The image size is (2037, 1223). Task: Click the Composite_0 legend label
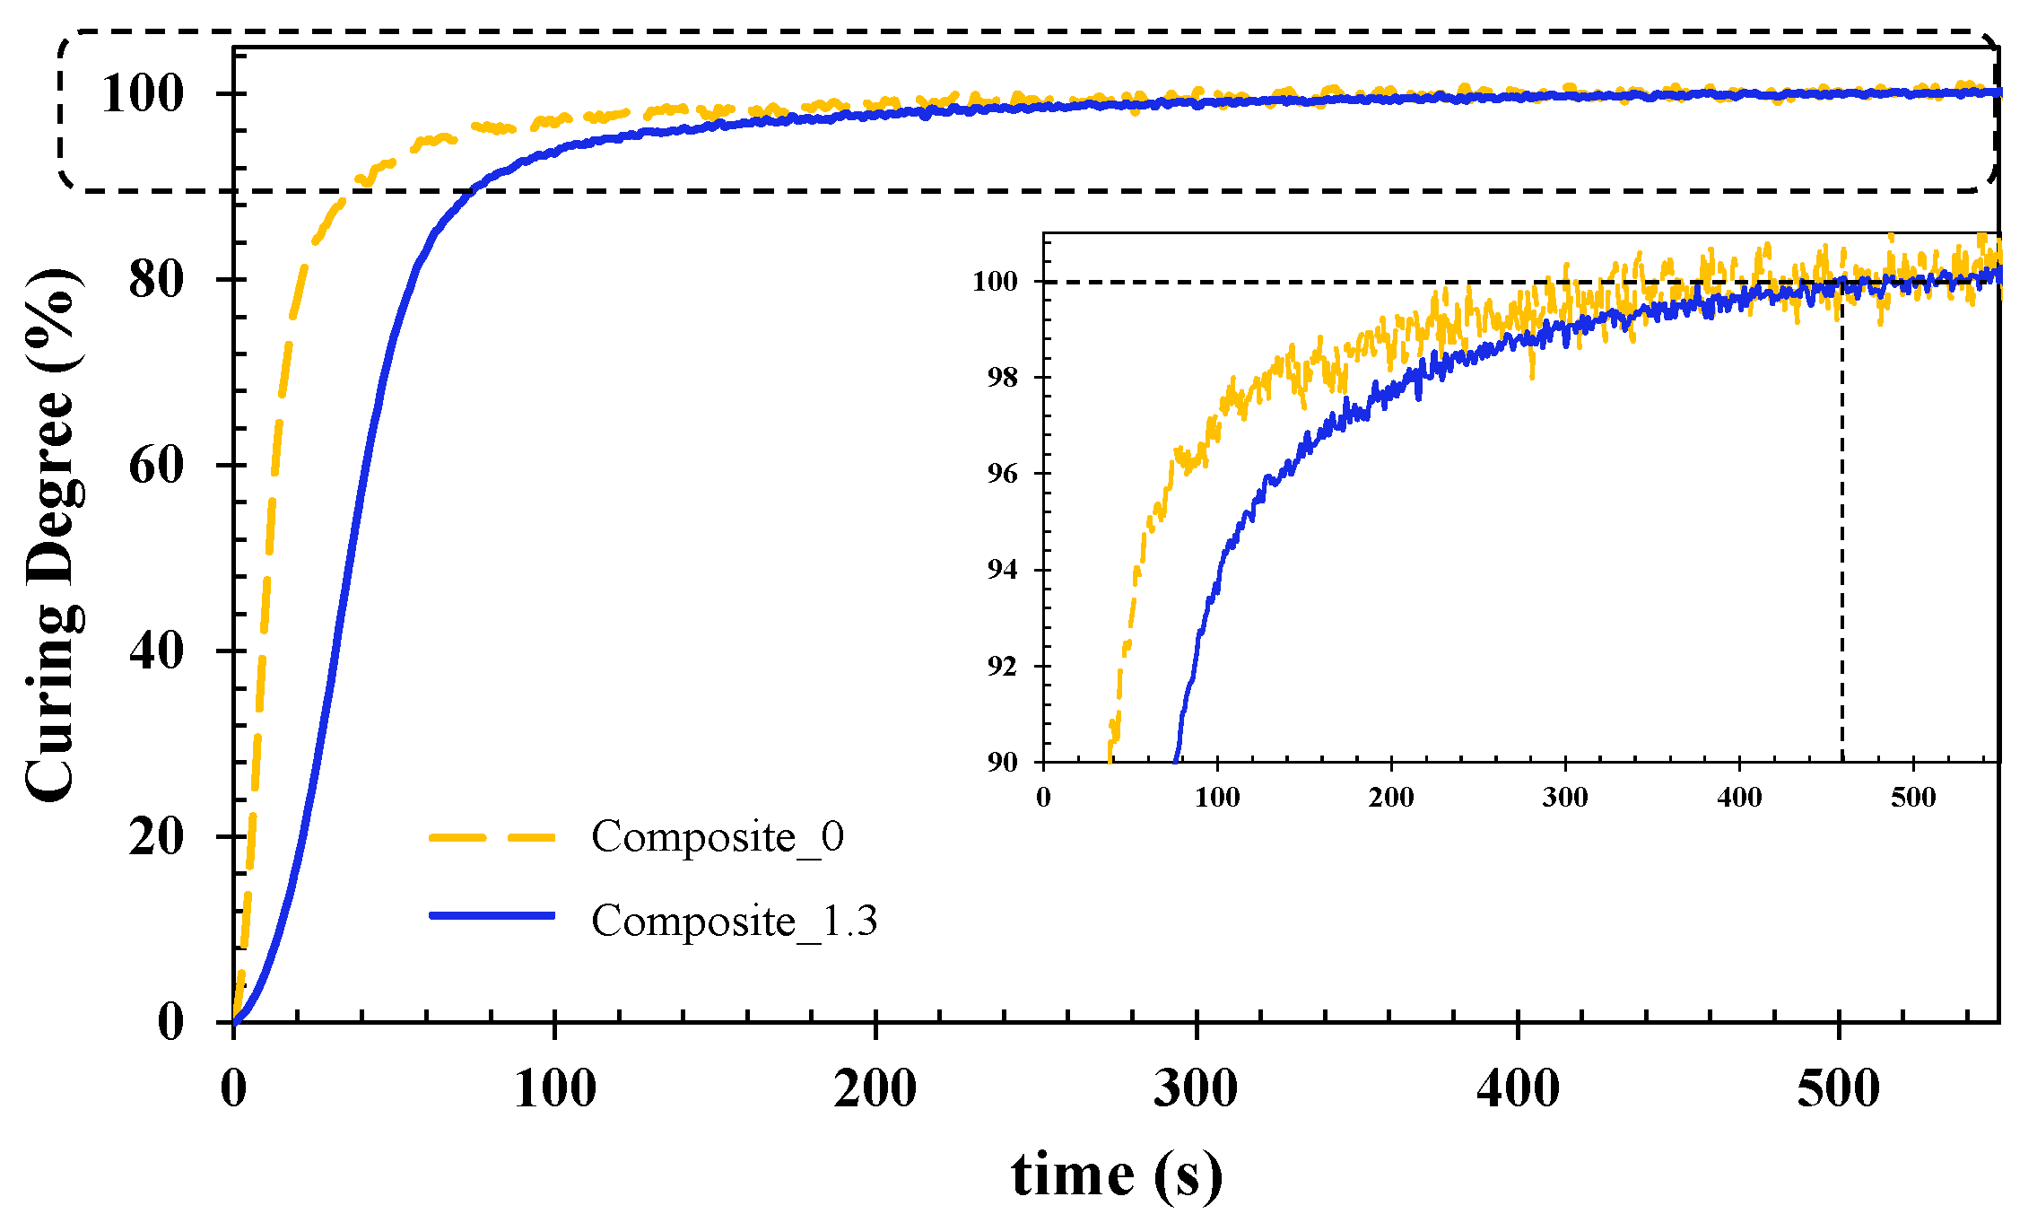pos(718,836)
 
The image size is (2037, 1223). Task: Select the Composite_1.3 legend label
pos(734,921)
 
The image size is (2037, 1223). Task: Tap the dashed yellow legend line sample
pos(492,837)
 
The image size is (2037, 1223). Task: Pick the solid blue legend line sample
pos(492,915)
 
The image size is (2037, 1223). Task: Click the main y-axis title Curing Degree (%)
pos(51,535)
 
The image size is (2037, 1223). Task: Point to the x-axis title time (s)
pos(1116,1174)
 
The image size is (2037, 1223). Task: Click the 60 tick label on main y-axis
pos(156,465)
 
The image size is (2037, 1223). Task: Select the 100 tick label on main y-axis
pos(143,93)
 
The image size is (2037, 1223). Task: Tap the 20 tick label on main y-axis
pos(156,836)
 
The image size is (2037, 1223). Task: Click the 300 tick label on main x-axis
pos(1196,1088)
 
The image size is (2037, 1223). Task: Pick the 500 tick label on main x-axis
pos(1838,1088)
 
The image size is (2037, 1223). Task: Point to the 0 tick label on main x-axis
pos(233,1088)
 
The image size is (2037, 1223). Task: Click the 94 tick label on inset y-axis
pos(1003,570)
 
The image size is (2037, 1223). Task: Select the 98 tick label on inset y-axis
pos(1003,378)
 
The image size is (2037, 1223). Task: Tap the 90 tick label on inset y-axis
pos(1003,762)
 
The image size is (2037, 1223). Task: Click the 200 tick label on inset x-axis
pos(1391,797)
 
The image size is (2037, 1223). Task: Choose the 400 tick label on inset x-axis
pos(1739,797)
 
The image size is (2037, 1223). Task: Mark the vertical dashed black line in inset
pos(1842,538)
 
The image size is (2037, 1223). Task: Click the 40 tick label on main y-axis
pos(156,651)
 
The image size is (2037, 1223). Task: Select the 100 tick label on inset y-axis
pos(996,282)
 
